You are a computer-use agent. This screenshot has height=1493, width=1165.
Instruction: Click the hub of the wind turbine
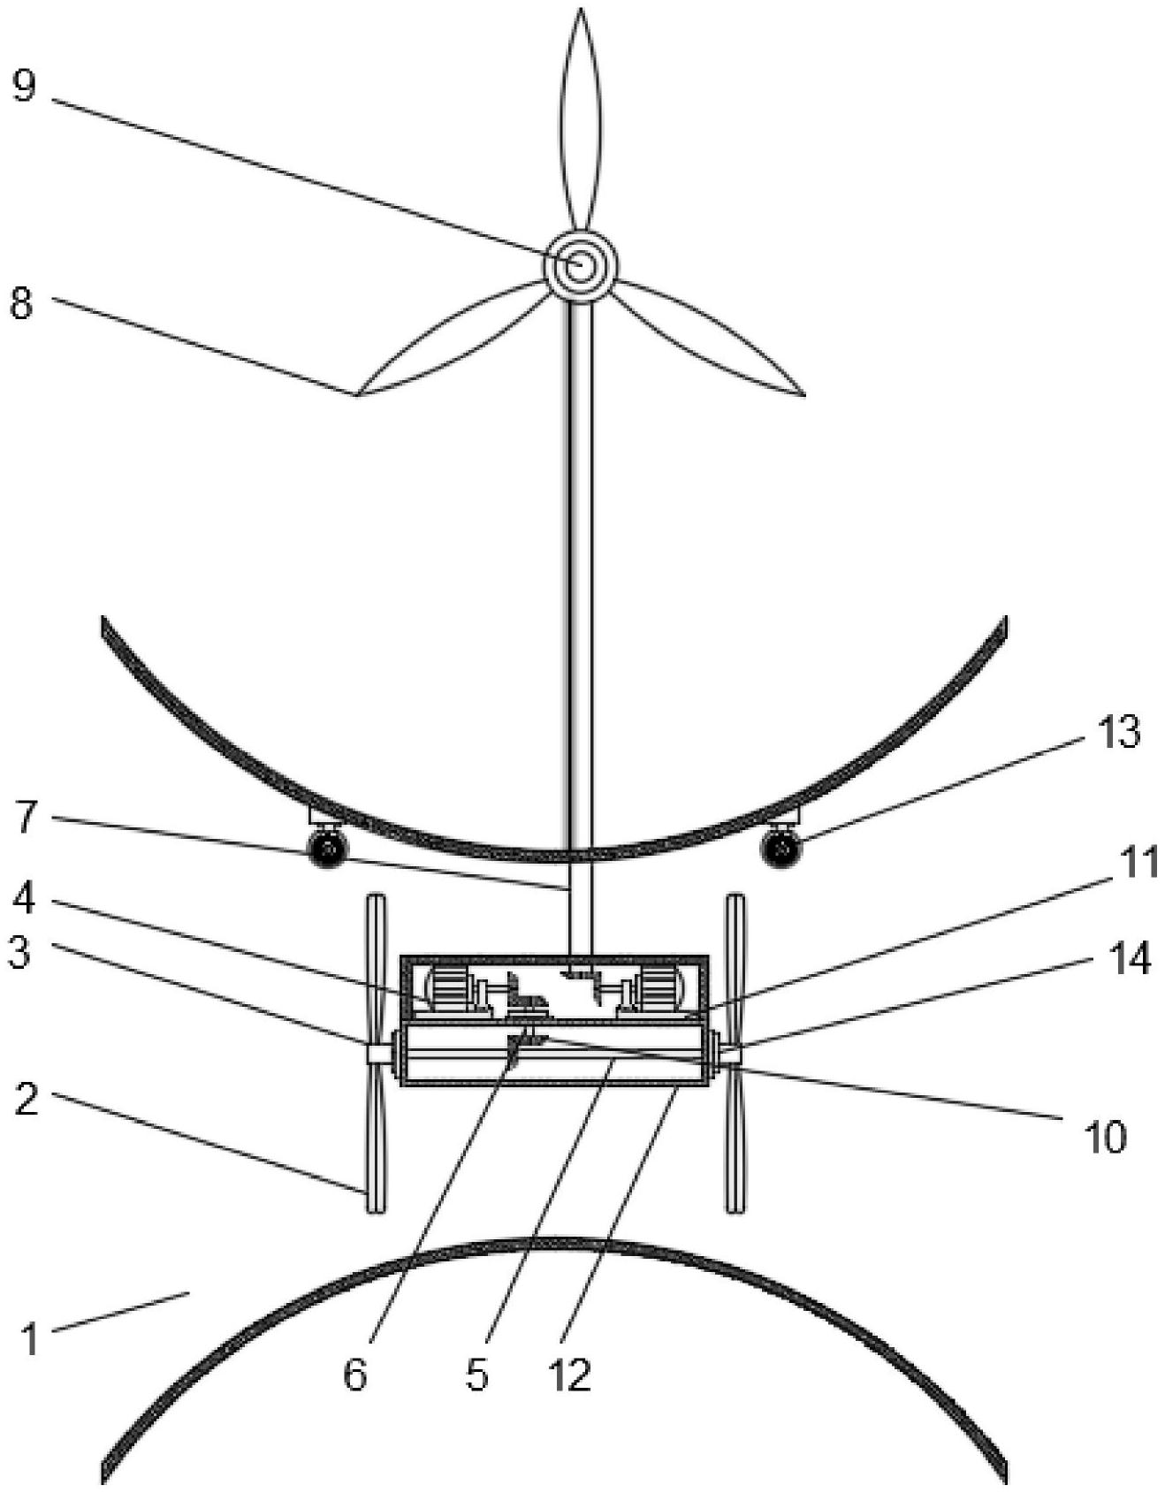[580, 265]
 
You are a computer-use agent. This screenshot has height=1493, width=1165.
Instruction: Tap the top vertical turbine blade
[581, 120]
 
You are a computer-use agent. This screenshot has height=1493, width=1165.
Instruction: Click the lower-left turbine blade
[450, 340]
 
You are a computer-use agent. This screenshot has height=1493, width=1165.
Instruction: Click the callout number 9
[24, 87]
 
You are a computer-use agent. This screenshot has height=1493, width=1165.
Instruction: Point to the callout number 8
[21, 302]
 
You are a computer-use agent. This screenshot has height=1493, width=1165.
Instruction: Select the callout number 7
[26, 819]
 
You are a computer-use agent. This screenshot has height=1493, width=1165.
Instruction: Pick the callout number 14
[1129, 958]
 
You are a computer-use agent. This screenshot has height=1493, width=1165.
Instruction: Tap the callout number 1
[30, 1339]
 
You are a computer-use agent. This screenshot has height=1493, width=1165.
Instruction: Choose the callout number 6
[354, 1375]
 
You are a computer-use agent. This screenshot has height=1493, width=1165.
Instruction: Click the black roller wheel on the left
[327, 849]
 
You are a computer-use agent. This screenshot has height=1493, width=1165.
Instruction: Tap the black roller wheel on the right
[780, 849]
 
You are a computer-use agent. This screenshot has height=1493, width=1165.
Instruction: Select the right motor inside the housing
[659, 988]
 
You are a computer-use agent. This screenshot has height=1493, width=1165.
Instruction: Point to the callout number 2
[27, 1099]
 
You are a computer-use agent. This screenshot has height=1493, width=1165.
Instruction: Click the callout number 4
[25, 898]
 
